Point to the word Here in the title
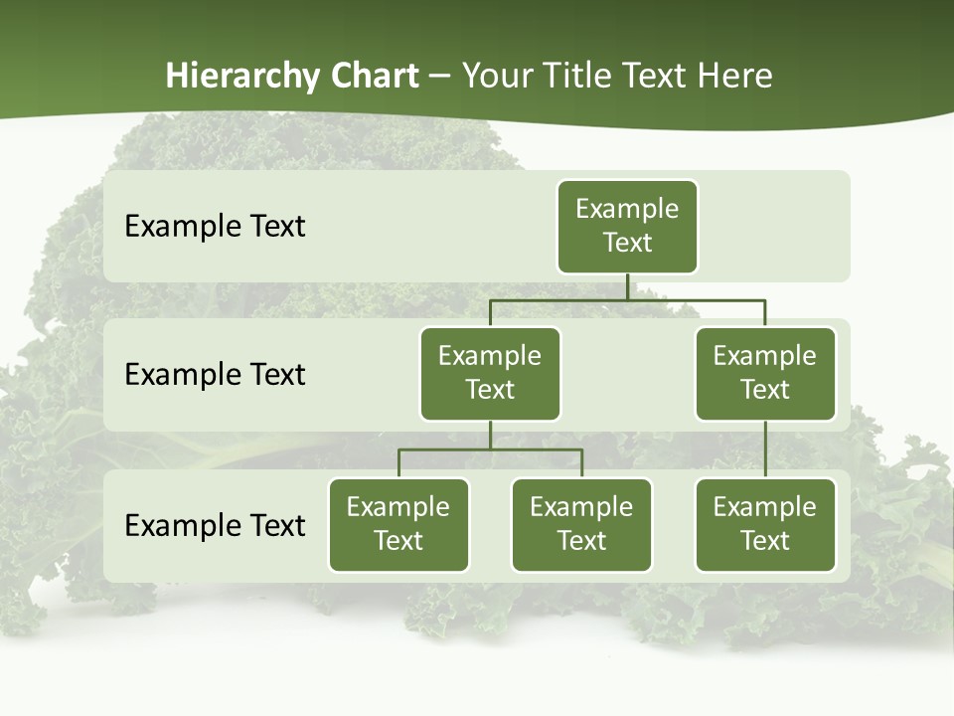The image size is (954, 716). pyautogui.click(x=735, y=77)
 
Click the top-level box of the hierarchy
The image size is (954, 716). pyautogui.click(x=627, y=227)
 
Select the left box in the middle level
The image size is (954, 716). pyautogui.click(x=490, y=374)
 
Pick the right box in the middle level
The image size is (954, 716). pyautogui.click(x=765, y=374)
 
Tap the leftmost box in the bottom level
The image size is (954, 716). pyautogui.click(x=398, y=525)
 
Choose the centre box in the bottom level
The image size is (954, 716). pyautogui.click(x=581, y=525)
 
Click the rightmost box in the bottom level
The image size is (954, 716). pyautogui.click(x=765, y=525)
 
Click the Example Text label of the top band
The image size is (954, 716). pyautogui.click(x=215, y=227)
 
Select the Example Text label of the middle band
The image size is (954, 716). pyautogui.click(x=215, y=375)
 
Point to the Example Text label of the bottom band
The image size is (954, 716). pyautogui.click(x=215, y=526)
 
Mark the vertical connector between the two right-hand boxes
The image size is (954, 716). pyautogui.click(x=765, y=449)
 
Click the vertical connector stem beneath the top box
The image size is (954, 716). pyautogui.click(x=627, y=286)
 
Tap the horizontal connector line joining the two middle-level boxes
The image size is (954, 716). pyautogui.click(x=627, y=299)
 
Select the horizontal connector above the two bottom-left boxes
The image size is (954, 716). pyautogui.click(x=490, y=449)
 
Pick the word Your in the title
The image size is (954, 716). pyautogui.click(x=495, y=77)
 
